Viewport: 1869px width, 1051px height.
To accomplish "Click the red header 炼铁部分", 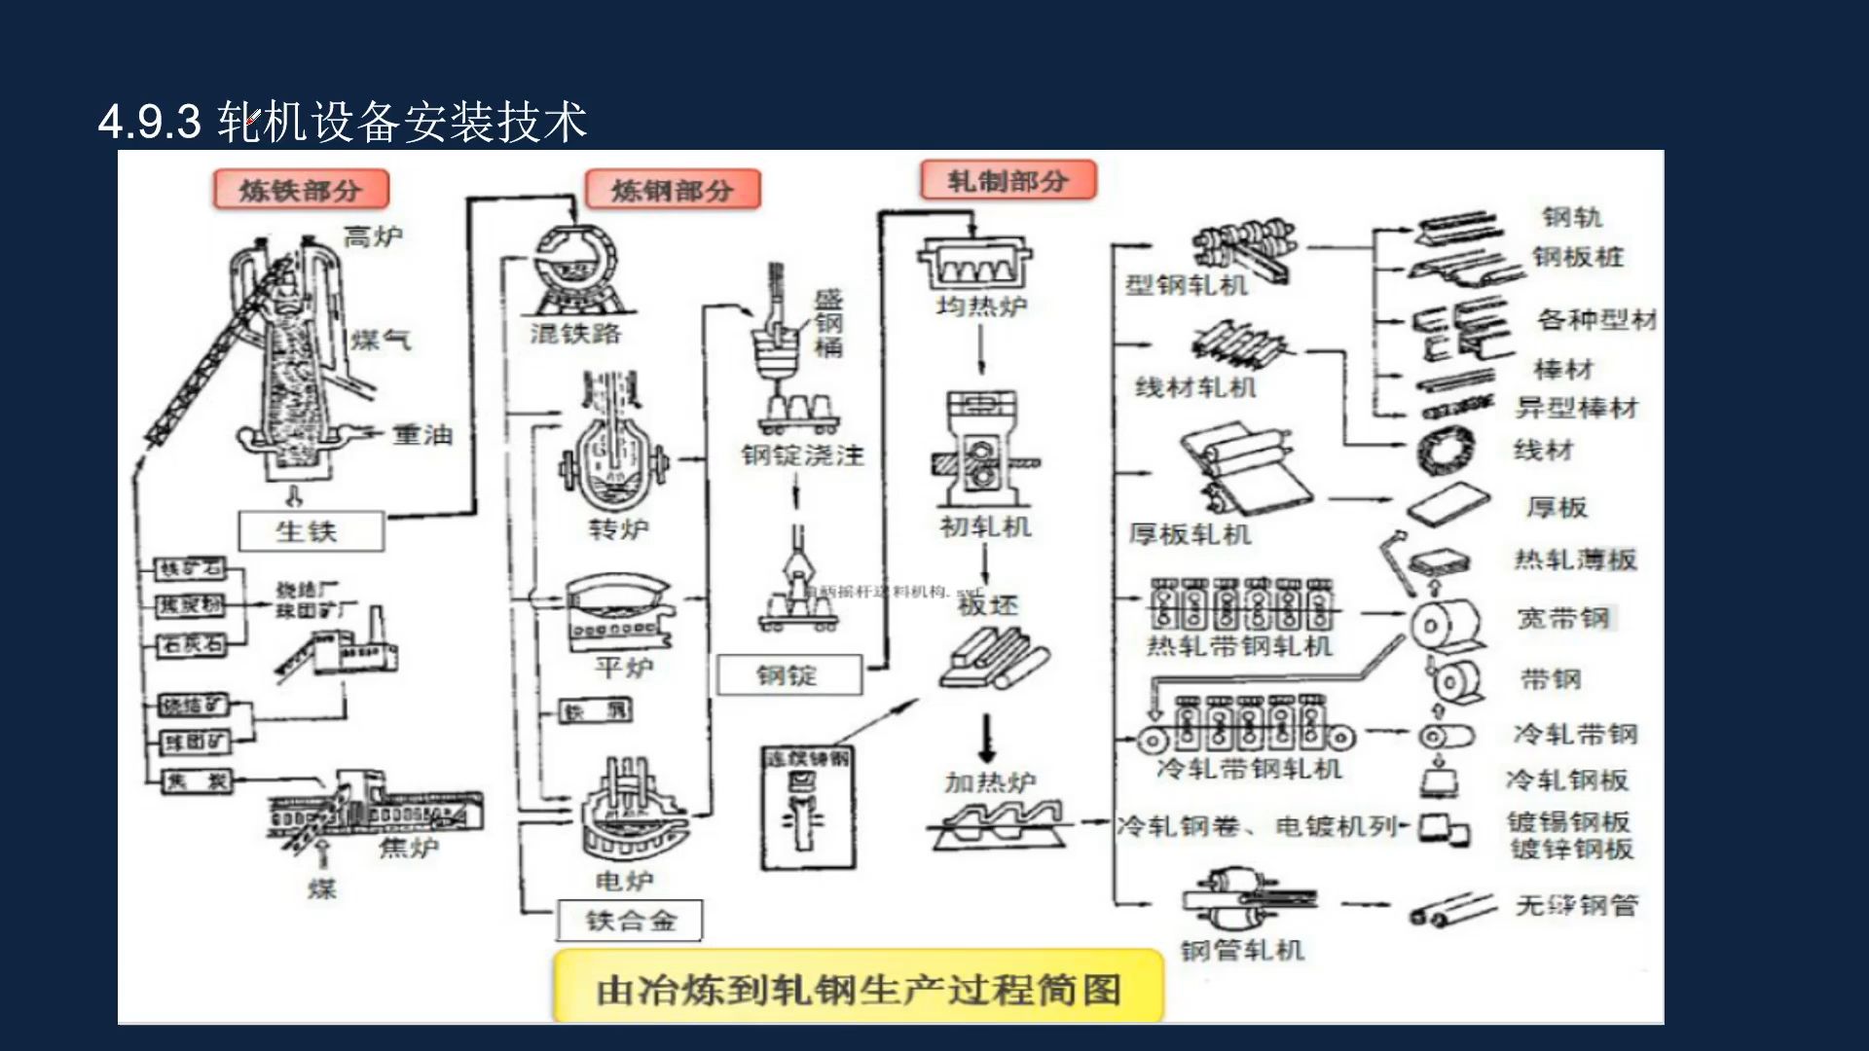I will point(301,190).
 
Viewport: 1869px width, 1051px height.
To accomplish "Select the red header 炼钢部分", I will point(673,190).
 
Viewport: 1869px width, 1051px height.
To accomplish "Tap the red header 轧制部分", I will point(1008,180).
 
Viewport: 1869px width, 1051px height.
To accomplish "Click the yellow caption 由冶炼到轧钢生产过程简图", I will point(858,990).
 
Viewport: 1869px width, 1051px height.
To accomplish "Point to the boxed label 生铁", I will point(311,531).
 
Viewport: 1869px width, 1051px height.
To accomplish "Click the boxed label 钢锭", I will point(788,674).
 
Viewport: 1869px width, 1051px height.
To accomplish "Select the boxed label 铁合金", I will point(630,921).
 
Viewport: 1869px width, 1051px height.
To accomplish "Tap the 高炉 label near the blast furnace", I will point(373,236).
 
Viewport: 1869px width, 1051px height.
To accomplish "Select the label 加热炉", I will point(990,781).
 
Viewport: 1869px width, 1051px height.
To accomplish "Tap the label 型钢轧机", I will point(1186,285).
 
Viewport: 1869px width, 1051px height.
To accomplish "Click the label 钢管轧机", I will point(1242,950).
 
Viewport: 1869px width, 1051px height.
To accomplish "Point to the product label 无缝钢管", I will point(1576,906).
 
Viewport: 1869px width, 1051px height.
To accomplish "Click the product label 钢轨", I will point(1572,217).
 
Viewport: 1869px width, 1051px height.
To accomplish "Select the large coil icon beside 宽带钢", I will point(1446,624).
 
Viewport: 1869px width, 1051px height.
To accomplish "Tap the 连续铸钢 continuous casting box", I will point(808,808).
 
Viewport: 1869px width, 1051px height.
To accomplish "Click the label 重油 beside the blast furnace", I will point(422,435).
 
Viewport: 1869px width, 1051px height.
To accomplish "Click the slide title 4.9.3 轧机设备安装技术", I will point(343,123).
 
